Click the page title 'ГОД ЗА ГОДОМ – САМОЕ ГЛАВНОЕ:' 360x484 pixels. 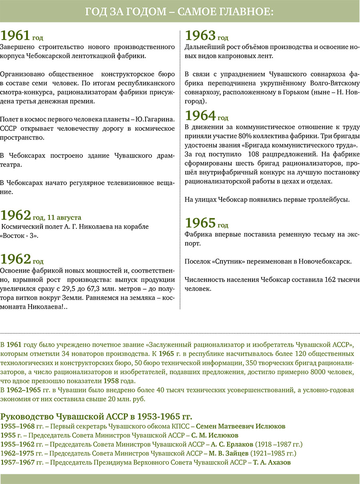point(180,12)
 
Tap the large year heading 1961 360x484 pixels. point(16,36)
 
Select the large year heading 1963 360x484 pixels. point(200,36)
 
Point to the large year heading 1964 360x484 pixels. point(200,116)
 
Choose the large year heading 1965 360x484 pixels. point(200,222)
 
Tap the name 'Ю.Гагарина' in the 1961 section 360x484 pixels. point(156,120)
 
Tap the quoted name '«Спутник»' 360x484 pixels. point(220,262)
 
